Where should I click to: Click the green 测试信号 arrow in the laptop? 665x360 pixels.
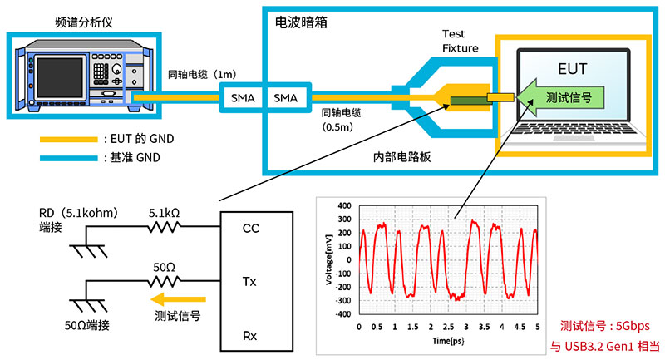point(559,98)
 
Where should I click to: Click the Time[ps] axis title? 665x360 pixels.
point(446,340)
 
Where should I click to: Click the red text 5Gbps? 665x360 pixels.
point(630,326)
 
